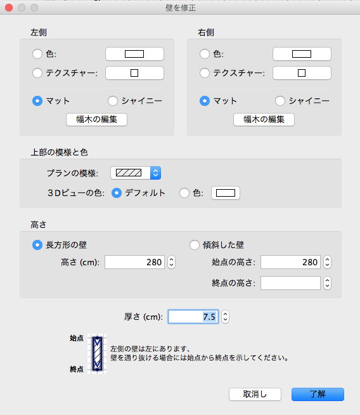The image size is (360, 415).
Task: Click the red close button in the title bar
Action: coord(9,8)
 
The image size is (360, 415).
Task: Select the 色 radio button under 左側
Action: coord(37,54)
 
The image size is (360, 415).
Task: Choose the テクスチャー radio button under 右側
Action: coord(205,73)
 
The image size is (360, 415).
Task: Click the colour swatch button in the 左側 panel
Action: coord(134,54)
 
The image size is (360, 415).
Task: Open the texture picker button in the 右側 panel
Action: coord(302,73)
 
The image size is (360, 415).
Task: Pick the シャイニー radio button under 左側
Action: coord(113,101)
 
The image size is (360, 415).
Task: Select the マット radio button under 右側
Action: coord(205,101)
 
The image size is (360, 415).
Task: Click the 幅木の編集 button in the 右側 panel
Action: coord(264,120)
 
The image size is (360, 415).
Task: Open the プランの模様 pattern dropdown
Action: coord(136,173)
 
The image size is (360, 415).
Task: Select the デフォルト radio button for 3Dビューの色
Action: coord(117,193)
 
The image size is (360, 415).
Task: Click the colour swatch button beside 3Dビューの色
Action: coord(226,193)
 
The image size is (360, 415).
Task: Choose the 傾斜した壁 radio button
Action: coord(195,245)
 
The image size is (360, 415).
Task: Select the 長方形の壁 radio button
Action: coord(37,245)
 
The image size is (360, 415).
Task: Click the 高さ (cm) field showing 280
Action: coord(134,262)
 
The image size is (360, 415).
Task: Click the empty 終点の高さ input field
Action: coord(290,283)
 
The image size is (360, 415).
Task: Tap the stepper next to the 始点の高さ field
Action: coord(328,262)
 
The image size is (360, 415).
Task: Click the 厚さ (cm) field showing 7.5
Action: coord(193,317)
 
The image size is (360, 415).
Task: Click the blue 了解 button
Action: coord(318,394)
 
